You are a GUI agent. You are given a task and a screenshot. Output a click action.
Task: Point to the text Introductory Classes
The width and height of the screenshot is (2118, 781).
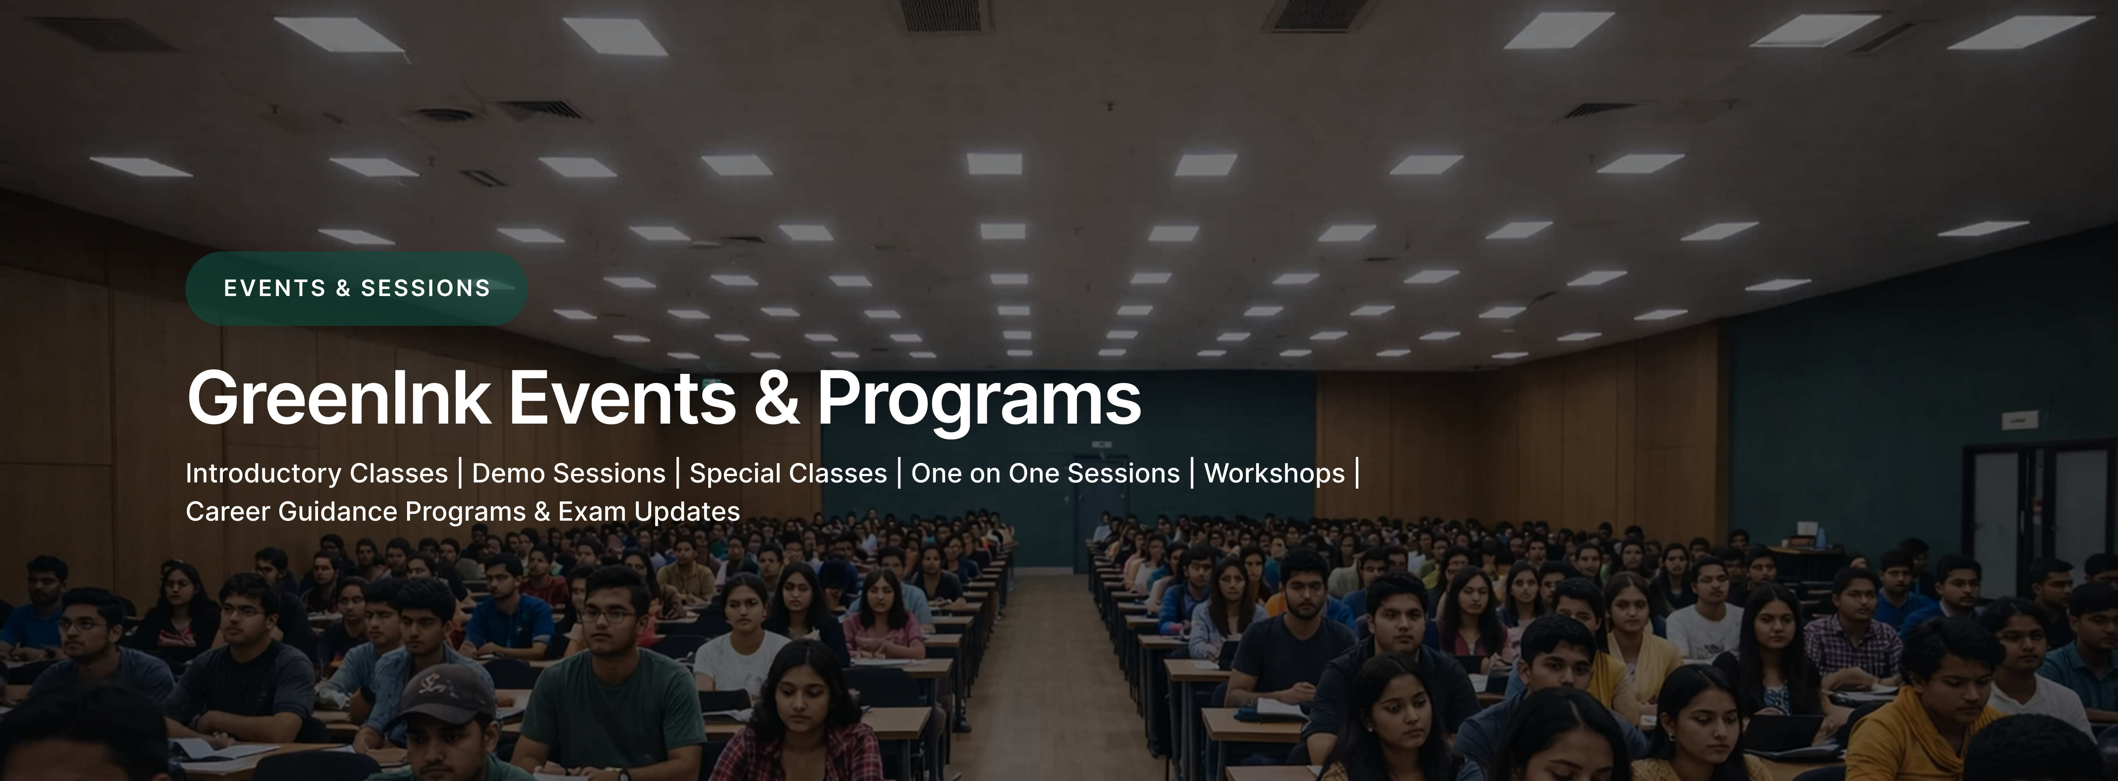[x=317, y=474]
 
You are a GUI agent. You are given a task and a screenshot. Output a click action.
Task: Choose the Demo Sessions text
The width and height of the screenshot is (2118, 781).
[x=568, y=474]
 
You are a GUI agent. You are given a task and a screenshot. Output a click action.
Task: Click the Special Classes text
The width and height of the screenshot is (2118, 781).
[x=788, y=474]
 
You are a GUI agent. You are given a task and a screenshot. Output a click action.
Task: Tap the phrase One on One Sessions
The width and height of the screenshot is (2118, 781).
[x=1045, y=474]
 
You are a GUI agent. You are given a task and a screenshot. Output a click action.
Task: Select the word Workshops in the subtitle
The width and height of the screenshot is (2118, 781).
[x=1274, y=474]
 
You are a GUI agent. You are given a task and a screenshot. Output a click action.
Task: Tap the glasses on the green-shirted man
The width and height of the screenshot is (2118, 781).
[x=609, y=614]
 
